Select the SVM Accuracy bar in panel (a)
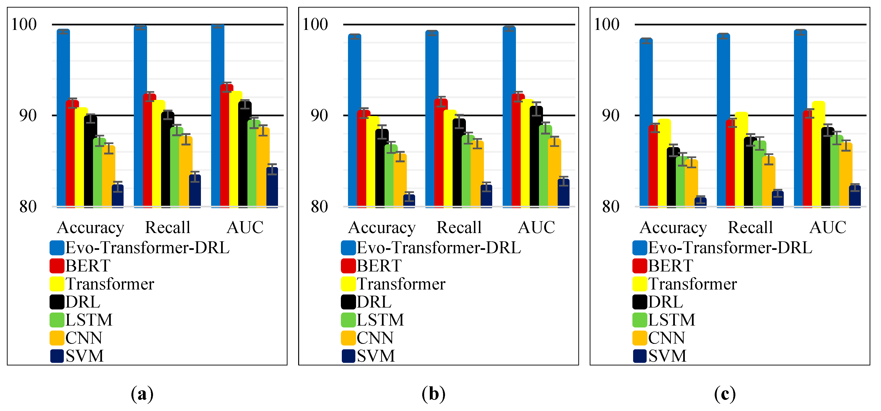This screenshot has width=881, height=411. (118, 196)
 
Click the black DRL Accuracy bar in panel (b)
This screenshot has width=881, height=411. (382, 168)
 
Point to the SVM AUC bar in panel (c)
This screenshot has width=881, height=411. (855, 196)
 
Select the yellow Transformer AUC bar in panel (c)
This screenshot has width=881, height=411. (818, 154)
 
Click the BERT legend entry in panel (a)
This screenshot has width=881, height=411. (88, 266)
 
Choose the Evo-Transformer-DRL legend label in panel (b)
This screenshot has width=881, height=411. (438, 248)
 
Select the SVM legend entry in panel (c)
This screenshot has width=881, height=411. (667, 356)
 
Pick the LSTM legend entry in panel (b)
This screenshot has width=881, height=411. (380, 320)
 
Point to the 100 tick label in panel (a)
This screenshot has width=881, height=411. (24, 25)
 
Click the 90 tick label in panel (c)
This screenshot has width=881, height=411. (611, 116)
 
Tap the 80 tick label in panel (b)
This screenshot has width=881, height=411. (319, 207)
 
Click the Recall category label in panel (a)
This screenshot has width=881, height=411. (167, 228)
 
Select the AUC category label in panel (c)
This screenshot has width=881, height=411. (828, 228)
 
